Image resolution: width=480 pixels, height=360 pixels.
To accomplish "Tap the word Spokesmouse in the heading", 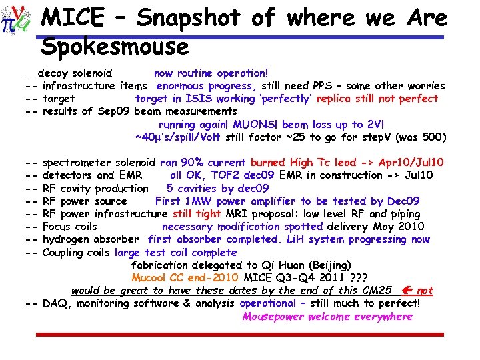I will tap(115, 46).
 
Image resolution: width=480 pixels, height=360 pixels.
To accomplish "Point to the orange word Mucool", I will tap(151, 278).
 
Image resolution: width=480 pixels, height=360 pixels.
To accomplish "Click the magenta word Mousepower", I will tap(272, 317).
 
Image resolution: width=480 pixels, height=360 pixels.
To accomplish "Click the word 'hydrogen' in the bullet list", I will tap(65, 239).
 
